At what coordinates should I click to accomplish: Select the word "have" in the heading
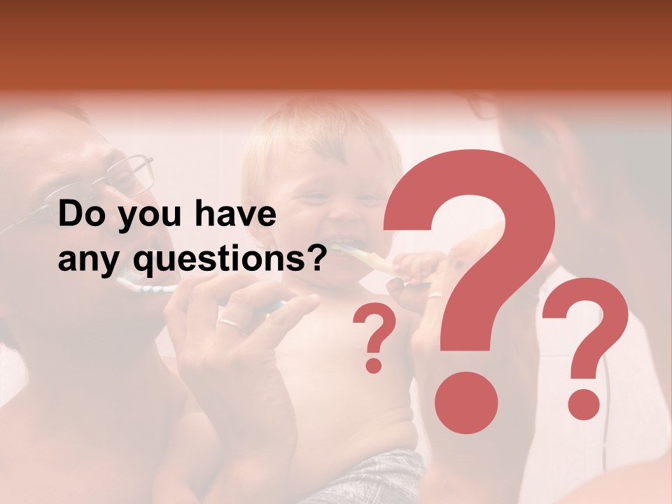pyautogui.click(x=235, y=214)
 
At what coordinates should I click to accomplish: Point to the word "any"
pyautogui.click(x=90, y=262)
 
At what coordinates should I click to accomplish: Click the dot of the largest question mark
pyautogui.click(x=465, y=402)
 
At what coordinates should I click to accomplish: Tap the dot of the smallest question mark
pyautogui.click(x=374, y=364)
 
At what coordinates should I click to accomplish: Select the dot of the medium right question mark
pyautogui.click(x=583, y=404)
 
